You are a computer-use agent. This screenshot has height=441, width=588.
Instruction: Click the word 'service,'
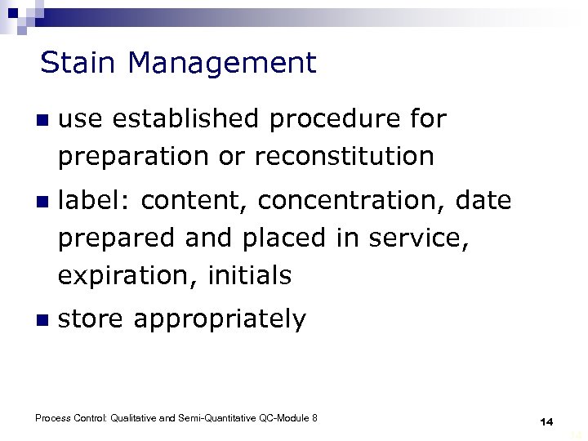[x=419, y=238]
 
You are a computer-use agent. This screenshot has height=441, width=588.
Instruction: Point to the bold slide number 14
[x=546, y=421]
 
